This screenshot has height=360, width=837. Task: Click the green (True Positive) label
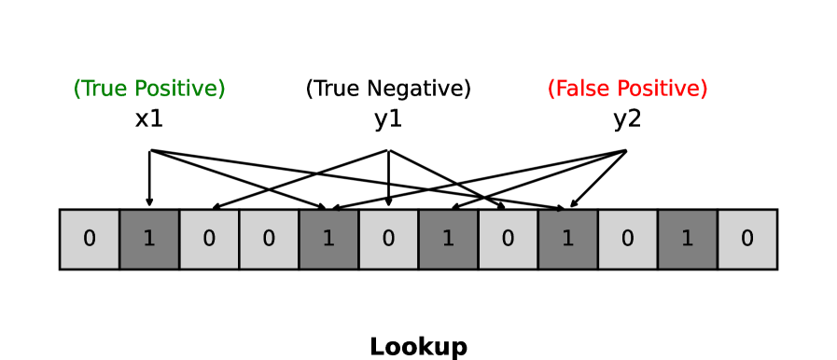tap(149, 89)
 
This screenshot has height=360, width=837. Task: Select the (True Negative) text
tap(388, 89)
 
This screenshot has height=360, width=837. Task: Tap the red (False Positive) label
tap(627, 89)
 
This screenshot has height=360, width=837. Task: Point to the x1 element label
tap(149, 119)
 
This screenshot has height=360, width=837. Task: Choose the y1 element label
tap(388, 119)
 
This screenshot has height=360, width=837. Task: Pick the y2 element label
tap(627, 119)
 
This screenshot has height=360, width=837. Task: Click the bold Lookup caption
tap(418, 347)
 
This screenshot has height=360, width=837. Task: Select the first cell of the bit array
tap(90, 239)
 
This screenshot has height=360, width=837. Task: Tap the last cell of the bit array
tap(746, 239)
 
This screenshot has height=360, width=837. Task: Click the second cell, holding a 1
tap(149, 239)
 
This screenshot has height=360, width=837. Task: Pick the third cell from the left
tap(209, 239)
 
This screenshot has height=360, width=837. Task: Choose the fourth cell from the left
tap(269, 239)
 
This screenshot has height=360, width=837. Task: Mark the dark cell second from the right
tap(687, 239)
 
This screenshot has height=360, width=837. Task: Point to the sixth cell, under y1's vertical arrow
tap(388, 239)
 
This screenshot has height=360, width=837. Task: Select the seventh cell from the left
tap(448, 239)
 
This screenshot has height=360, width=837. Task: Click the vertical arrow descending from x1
tap(149, 177)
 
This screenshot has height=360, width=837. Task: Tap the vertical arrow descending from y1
tap(388, 177)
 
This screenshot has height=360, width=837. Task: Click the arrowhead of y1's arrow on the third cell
tap(216, 206)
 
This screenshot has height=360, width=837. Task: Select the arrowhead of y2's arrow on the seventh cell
tap(454, 206)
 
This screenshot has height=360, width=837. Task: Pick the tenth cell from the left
tap(627, 239)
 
